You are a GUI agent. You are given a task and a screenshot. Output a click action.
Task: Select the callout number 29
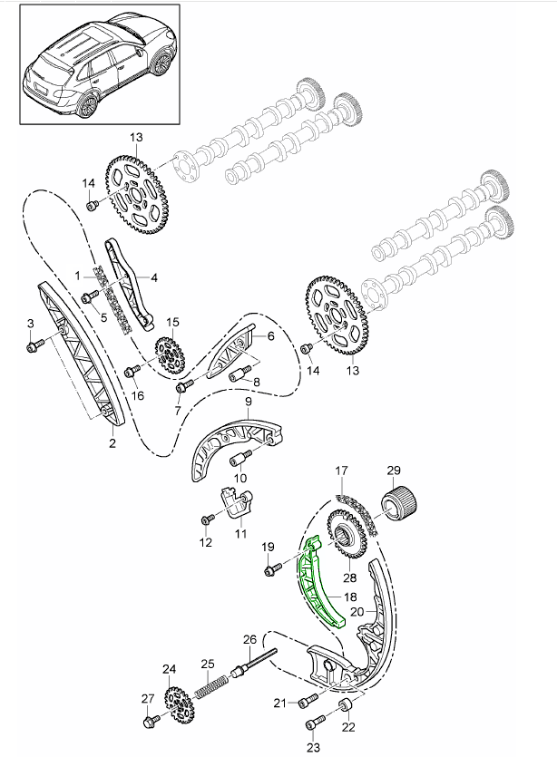394,470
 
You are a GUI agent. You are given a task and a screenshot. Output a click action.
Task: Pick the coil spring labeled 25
213,686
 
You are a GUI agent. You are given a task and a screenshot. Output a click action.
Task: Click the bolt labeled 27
150,722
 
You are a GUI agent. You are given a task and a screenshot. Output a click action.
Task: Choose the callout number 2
112,443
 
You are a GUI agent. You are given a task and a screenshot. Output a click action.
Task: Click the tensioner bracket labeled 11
235,505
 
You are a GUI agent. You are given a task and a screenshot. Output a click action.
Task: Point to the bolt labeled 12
207,520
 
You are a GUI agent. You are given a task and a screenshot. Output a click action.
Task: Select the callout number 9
246,401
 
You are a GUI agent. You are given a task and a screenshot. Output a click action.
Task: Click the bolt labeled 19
271,569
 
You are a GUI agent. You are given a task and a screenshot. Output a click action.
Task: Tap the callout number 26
250,638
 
